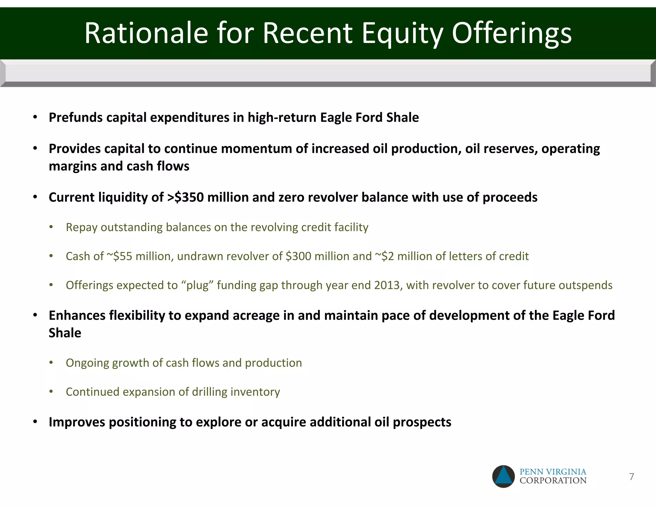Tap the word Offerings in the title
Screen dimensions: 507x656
pos(512,34)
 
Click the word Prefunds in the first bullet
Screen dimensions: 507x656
pos(75,118)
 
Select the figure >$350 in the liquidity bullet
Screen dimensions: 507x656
pos(185,197)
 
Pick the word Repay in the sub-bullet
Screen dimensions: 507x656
pos(81,227)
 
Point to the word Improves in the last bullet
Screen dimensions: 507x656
pos(77,422)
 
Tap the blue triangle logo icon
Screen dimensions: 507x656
pos(504,477)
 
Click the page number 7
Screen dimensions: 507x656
pos(631,477)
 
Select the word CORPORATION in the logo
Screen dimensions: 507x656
pos(553,480)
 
